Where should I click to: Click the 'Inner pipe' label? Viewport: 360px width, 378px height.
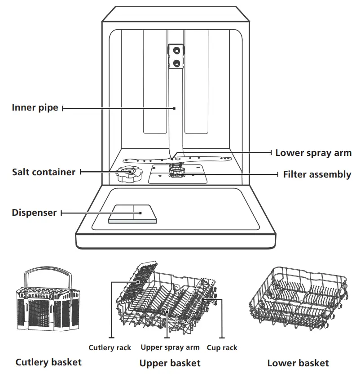tap(35, 108)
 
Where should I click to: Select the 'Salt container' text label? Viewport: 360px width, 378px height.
tap(44, 172)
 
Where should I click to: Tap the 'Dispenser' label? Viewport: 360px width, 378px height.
tap(34, 213)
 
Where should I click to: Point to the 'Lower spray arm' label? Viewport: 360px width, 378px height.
tap(313, 153)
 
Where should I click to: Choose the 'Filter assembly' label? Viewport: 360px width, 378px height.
tap(317, 174)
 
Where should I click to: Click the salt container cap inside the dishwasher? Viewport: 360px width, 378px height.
tap(128, 172)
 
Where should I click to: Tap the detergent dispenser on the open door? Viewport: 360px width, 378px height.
tap(133, 214)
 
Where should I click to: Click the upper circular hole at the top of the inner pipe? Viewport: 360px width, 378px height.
tap(177, 50)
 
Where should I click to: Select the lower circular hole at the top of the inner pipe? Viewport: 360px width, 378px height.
tap(177, 63)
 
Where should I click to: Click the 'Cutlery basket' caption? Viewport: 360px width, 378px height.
tap(48, 362)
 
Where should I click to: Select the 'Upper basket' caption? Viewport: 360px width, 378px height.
tap(170, 363)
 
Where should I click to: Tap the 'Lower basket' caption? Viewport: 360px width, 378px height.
tap(298, 363)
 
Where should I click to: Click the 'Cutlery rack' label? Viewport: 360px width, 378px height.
tap(110, 347)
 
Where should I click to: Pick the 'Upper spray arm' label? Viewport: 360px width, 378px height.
tap(170, 347)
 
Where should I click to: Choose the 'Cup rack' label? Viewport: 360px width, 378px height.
tap(222, 347)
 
